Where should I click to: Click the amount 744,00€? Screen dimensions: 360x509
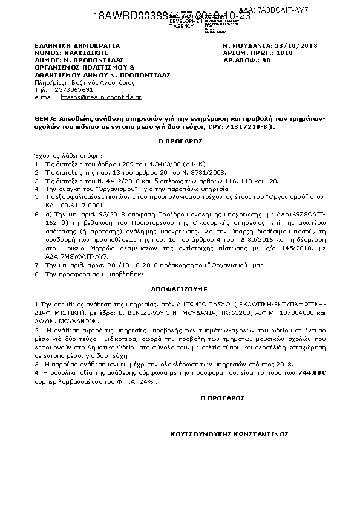point(310,373)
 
